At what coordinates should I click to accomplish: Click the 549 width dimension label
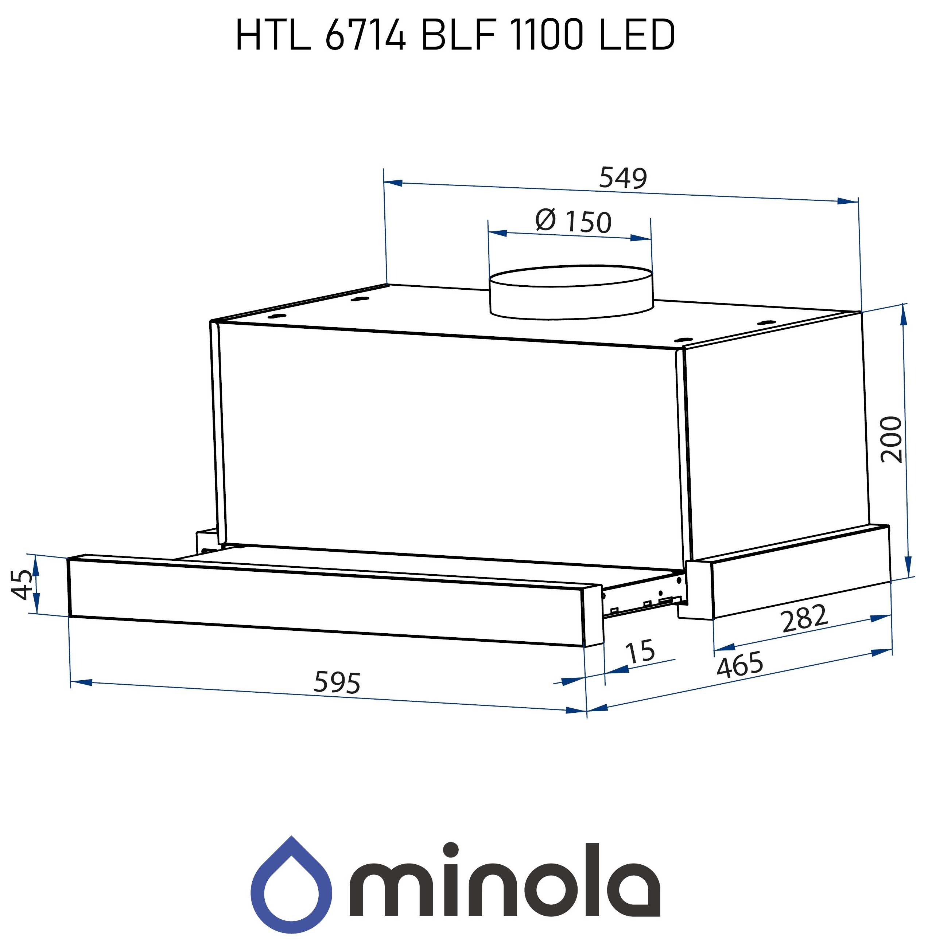pyautogui.click(x=622, y=178)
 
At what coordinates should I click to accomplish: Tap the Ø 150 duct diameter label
pyautogui.click(x=573, y=222)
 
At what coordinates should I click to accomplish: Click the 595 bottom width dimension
pyautogui.click(x=337, y=682)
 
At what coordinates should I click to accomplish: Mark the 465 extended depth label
pyautogui.click(x=739, y=665)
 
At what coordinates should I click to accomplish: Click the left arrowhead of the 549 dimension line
pyautogui.click(x=393, y=183)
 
